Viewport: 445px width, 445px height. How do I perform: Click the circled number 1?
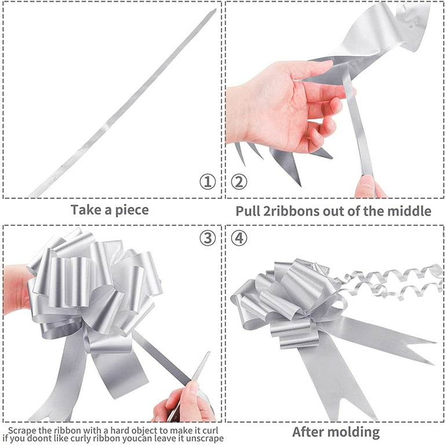coord(207,181)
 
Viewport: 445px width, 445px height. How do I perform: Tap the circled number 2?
coord(239,181)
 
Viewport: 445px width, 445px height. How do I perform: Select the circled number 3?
coord(207,238)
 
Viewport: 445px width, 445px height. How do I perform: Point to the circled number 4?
coord(239,238)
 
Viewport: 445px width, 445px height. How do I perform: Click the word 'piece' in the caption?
coord(132,210)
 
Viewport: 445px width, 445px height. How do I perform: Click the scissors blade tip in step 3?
coord(209,352)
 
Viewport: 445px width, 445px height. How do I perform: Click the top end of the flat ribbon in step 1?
coord(214,10)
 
